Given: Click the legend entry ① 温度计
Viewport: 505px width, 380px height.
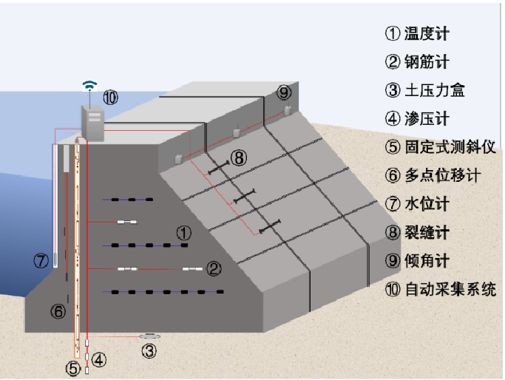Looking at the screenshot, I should click(x=417, y=33).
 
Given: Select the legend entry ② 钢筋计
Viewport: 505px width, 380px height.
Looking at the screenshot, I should click(x=417, y=62).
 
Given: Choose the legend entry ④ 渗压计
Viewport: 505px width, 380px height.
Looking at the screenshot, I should click(x=417, y=118).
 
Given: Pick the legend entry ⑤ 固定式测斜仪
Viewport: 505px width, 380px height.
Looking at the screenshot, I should click(x=435, y=147).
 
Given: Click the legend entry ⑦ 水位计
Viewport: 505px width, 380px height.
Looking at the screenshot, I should click(x=417, y=203).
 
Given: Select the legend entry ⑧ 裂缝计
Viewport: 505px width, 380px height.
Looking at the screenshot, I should click(x=417, y=232).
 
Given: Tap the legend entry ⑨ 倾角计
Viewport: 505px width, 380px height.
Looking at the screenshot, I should click(x=417, y=260).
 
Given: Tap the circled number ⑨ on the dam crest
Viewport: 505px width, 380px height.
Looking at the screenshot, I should click(x=284, y=92).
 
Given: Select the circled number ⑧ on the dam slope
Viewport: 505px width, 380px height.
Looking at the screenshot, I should click(x=237, y=157).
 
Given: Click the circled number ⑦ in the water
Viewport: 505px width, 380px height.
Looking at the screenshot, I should click(x=42, y=259).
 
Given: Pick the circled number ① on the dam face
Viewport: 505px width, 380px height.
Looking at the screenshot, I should click(x=184, y=232).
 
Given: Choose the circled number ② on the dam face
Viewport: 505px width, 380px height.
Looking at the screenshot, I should click(x=213, y=268).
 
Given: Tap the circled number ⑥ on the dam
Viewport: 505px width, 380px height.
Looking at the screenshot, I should click(x=58, y=311).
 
